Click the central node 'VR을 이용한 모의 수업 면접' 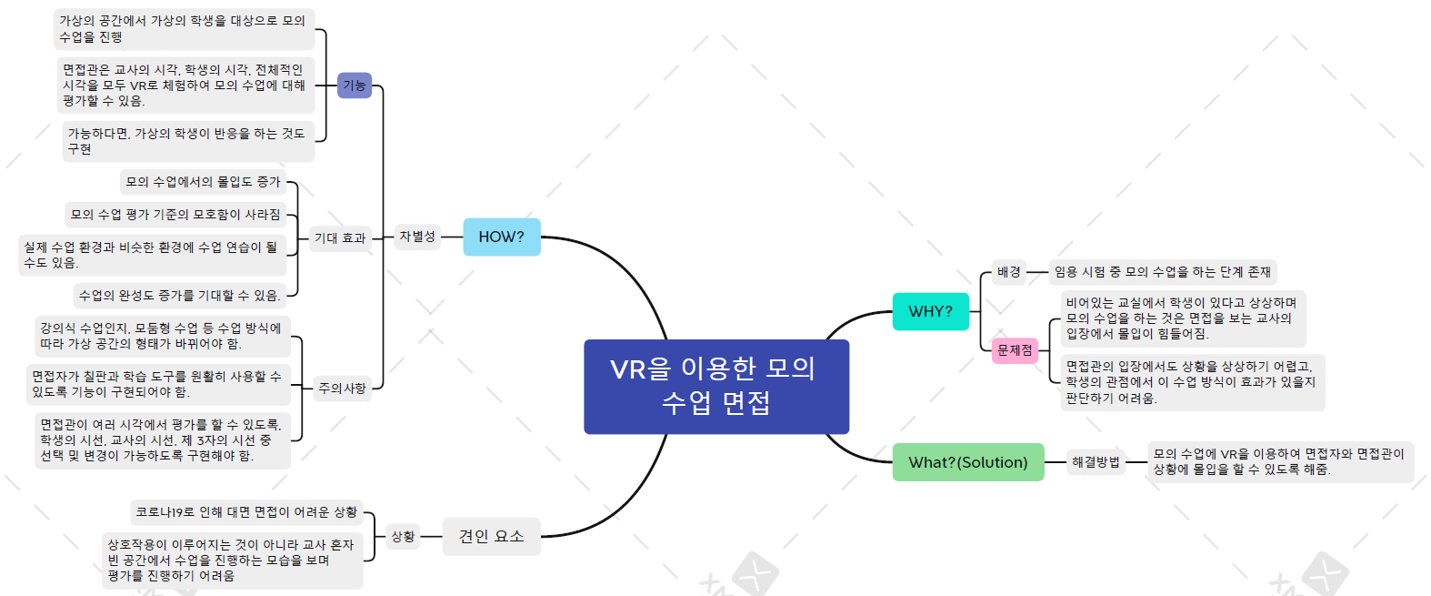[715, 386]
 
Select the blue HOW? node [501, 237]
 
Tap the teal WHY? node [930, 311]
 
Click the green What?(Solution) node [967, 462]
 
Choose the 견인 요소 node [491, 536]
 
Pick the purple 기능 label [354, 86]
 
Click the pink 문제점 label [1015, 350]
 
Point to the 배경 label [1008, 271]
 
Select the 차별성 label [417, 237]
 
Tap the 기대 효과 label [339, 238]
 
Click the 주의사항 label [342, 389]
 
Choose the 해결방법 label [1095, 462]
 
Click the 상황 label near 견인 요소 [403, 537]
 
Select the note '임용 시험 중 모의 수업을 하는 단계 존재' [1162, 271]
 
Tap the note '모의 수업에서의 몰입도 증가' [203, 182]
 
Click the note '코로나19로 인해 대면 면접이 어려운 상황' [246, 512]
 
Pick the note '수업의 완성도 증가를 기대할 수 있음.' [179, 296]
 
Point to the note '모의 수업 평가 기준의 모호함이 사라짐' [175, 215]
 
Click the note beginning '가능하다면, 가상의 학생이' [187, 141]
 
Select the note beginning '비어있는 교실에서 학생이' [1181, 318]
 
